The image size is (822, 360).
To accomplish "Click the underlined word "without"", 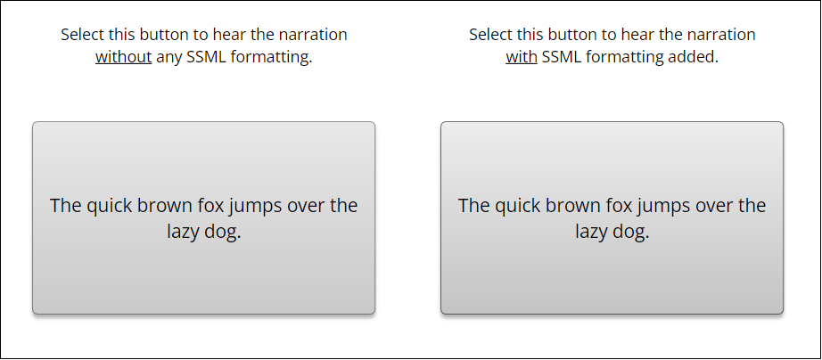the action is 123,57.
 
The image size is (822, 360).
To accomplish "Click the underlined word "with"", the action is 521,57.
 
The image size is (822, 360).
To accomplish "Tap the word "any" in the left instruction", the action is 169,58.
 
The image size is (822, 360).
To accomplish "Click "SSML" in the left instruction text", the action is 207,57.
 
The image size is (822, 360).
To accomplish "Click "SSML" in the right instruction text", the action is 561,57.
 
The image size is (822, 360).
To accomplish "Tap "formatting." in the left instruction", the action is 272,57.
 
